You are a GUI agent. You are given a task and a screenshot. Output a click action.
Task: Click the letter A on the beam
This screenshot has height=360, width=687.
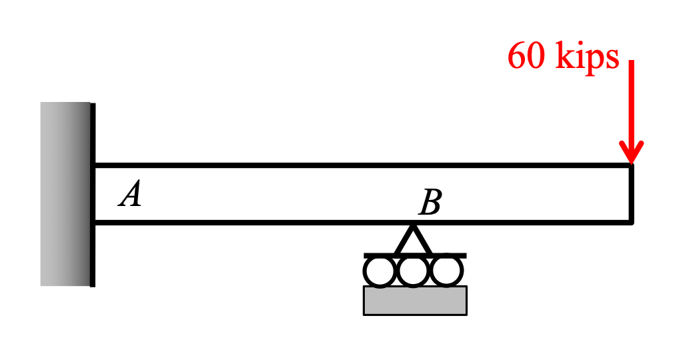click(x=130, y=195)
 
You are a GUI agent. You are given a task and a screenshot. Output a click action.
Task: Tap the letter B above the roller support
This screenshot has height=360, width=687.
click(x=430, y=202)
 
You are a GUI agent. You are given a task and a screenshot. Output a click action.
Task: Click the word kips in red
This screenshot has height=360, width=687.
click(x=587, y=57)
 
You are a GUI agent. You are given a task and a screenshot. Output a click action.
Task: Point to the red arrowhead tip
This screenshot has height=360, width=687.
click(x=630, y=162)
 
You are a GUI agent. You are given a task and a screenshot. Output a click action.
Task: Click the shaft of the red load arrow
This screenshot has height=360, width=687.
click(x=630, y=100)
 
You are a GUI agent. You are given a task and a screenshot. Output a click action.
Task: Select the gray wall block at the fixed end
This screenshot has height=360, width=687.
click(x=65, y=193)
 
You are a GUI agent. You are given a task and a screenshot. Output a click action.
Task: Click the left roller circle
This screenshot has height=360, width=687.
click(x=380, y=272)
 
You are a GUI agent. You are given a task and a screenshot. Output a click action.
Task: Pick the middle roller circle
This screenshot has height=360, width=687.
click(x=414, y=272)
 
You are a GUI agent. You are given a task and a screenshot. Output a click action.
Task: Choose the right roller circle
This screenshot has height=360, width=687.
click(x=447, y=272)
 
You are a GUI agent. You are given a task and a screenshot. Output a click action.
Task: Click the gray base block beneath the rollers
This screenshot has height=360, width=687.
click(x=415, y=300)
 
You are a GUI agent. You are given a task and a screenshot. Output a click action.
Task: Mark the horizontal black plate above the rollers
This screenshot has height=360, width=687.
click(x=415, y=255)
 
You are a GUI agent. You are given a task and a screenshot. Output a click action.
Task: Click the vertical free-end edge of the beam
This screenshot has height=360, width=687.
click(x=631, y=193)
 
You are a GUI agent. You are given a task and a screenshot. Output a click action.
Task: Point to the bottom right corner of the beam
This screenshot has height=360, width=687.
click(x=631, y=222)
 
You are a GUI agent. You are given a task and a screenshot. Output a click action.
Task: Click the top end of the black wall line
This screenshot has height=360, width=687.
click(x=92, y=105)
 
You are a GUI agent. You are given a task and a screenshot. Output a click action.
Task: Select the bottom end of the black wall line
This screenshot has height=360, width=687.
click(x=92, y=285)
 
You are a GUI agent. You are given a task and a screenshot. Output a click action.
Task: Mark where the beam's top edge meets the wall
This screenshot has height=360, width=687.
click(x=94, y=165)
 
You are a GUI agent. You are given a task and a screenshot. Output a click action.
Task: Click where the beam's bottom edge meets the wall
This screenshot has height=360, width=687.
click(x=94, y=222)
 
